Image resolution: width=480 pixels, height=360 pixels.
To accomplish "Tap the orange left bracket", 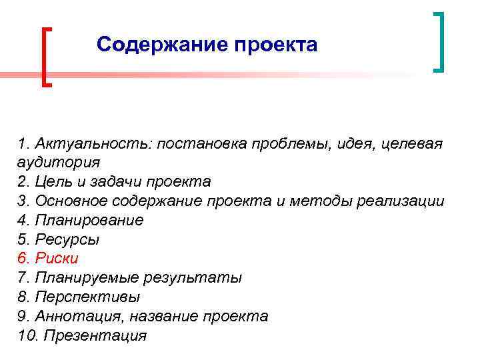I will tap(46, 57).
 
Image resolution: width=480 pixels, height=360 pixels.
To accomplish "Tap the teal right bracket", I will tap(439, 41).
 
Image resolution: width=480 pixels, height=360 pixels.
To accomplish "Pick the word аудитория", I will tap(59, 162).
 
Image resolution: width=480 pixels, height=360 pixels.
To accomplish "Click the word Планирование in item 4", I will tap(89, 220).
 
